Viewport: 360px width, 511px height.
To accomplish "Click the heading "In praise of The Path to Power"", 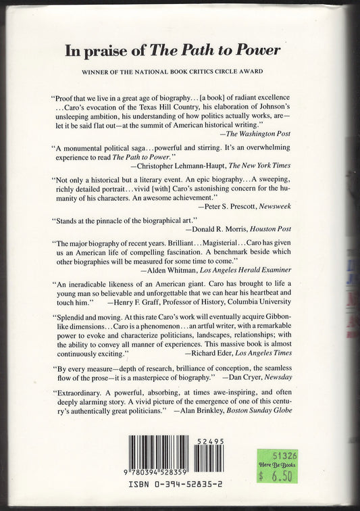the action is click(180, 49).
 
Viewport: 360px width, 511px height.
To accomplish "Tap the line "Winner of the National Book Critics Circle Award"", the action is click(180, 73).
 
